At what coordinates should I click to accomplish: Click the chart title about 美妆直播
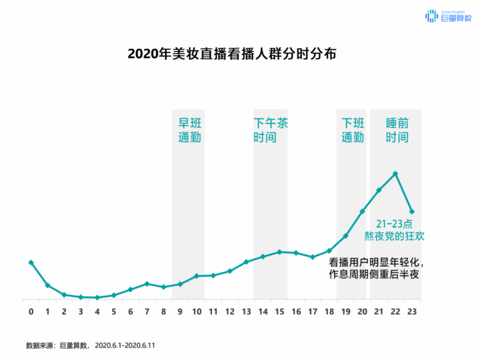point(232,54)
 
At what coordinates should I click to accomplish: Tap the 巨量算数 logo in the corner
point(448,16)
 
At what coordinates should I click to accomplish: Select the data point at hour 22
point(395,174)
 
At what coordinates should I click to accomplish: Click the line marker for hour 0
point(31,262)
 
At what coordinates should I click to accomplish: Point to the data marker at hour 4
point(97,297)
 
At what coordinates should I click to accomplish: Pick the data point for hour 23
point(412,211)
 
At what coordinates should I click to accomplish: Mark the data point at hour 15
point(279,252)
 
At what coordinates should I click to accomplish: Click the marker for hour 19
point(346,236)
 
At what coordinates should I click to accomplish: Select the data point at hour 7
point(147,283)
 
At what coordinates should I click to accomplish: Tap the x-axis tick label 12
point(230,312)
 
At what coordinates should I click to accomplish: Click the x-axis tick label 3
point(81,312)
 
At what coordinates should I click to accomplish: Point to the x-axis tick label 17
point(312,312)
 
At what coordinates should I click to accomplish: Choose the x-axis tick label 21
point(379,312)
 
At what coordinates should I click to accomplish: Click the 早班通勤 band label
point(190,130)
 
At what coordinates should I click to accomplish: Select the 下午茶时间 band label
point(270,130)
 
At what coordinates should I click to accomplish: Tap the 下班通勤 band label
point(353,130)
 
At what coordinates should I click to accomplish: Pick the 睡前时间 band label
point(397,130)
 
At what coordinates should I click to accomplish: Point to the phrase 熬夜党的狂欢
point(395,236)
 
